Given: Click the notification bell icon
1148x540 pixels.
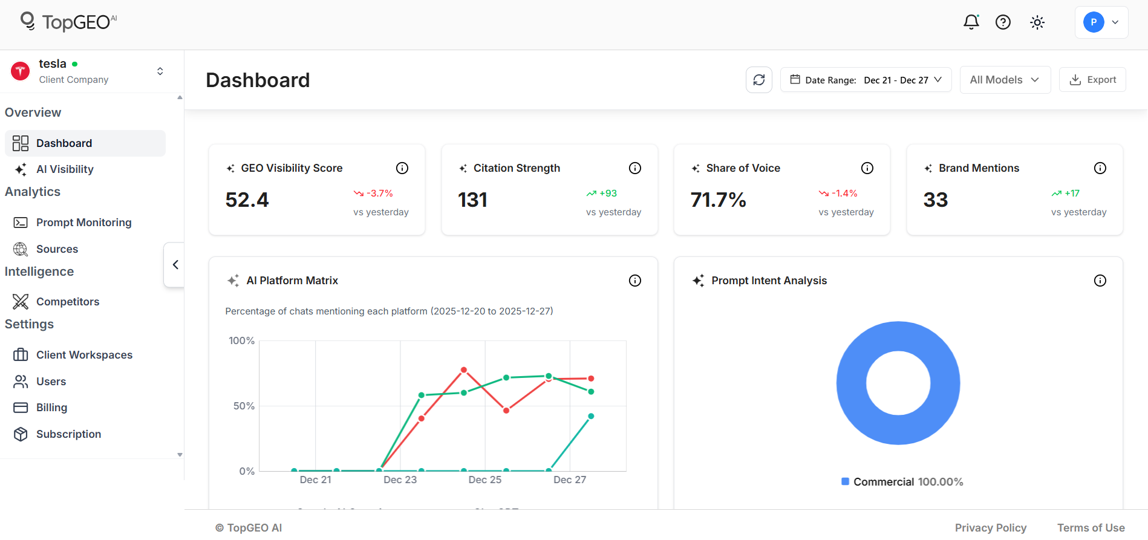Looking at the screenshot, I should (971, 22).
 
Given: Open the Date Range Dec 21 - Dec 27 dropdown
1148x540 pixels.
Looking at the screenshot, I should (866, 80).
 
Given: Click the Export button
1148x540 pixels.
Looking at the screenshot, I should (1092, 80).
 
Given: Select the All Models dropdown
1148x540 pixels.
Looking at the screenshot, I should (1005, 80).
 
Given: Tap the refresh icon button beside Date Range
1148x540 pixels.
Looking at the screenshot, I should (758, 80).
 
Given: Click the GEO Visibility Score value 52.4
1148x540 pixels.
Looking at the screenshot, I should (247, 200).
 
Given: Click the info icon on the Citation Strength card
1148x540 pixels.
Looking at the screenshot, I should (634, 168).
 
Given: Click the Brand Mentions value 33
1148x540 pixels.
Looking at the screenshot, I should (935, 200).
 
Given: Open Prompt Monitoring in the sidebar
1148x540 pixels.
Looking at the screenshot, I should (83, 223).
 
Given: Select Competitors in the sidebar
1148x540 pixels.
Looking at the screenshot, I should (67, 302).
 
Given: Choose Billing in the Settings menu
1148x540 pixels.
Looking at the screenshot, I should (51, 408).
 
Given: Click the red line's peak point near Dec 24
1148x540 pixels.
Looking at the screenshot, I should (464, 369).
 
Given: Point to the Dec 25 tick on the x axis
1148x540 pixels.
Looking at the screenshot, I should (484, 480).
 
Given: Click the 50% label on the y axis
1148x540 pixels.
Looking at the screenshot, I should (244, 406).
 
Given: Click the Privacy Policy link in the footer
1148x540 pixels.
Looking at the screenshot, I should (990, 528).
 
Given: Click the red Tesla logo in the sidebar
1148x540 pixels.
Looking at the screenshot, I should (21, 71).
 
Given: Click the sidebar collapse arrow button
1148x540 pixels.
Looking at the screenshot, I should (175, 265).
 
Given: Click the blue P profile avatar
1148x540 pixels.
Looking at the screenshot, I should (1093, 22).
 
